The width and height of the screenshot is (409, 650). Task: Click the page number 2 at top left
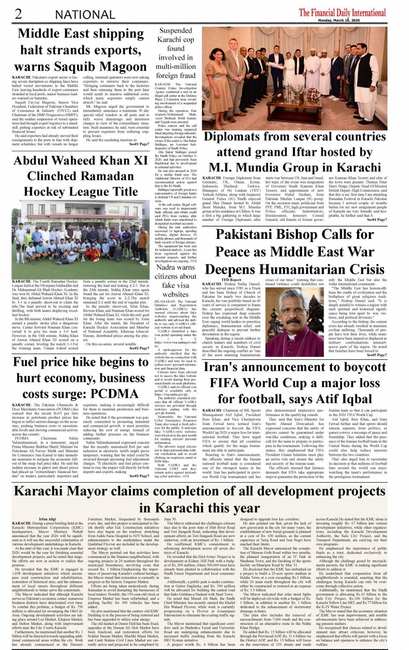(x=18, y=13)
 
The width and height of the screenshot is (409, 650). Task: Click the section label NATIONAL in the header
(x=85, y=15)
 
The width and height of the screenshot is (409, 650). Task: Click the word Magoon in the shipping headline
(x=123, y=67)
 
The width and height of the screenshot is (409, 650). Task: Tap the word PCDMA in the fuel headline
(x=115, y=394)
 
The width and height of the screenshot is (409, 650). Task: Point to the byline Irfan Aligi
(x=47, y=519)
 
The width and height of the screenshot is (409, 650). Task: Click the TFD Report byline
(x=231, y=280)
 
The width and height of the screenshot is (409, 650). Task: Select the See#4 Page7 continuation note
(x=377, y=220)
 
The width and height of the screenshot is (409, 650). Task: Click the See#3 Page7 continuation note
(x=139, y=476)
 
